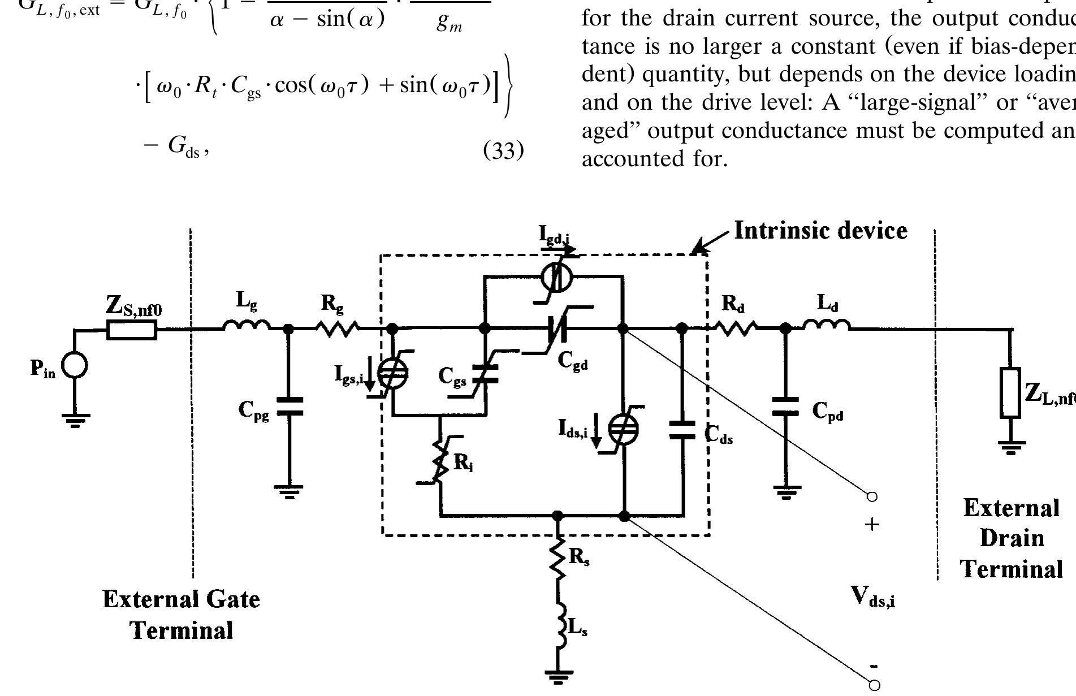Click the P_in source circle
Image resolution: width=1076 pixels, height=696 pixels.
click(x=75, y=365)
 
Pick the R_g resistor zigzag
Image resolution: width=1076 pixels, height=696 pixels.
click(x=338, y=327)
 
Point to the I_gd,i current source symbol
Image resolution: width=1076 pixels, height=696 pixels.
click(x=556, y=278)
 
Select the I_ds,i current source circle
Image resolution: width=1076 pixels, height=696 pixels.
click(x=623, y=429)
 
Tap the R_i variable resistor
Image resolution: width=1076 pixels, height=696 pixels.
click(x=440, y=461)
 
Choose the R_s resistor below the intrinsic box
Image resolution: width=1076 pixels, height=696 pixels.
click(x=558, y=557)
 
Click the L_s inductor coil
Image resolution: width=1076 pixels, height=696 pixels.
click(x=559, y=629)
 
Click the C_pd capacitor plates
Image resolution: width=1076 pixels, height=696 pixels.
click(x=785, y=406)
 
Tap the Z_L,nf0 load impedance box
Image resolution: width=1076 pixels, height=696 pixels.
click(x=1011, y=392)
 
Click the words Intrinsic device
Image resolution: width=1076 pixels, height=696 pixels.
click(x=820, y=231)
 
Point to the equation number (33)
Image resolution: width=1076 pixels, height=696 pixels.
click(x=504, y=151)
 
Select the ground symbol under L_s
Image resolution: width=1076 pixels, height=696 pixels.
click(x=558, y=676)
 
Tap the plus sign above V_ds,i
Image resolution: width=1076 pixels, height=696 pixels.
click(x=872, y=525)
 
